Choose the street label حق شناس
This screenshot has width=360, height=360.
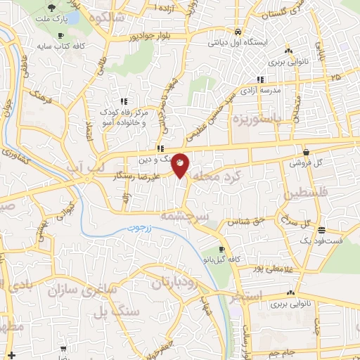click(242, 221)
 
